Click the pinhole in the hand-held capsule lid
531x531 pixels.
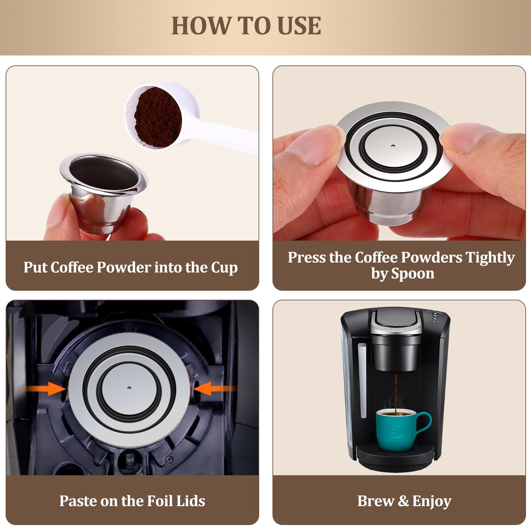393,146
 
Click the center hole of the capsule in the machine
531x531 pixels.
129,387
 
